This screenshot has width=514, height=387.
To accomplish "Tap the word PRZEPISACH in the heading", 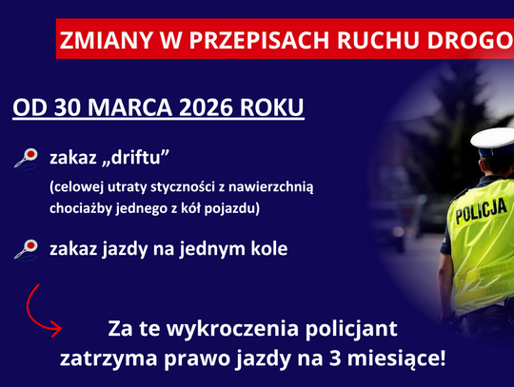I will [x=249, y=42].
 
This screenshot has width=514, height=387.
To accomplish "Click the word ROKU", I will [x=272, y=106].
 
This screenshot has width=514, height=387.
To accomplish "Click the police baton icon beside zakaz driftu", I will [x=26, y=157].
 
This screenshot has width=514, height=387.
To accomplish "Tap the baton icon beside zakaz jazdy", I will [x=26, y=250].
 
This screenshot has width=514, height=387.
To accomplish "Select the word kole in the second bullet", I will [x=267, y=248].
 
